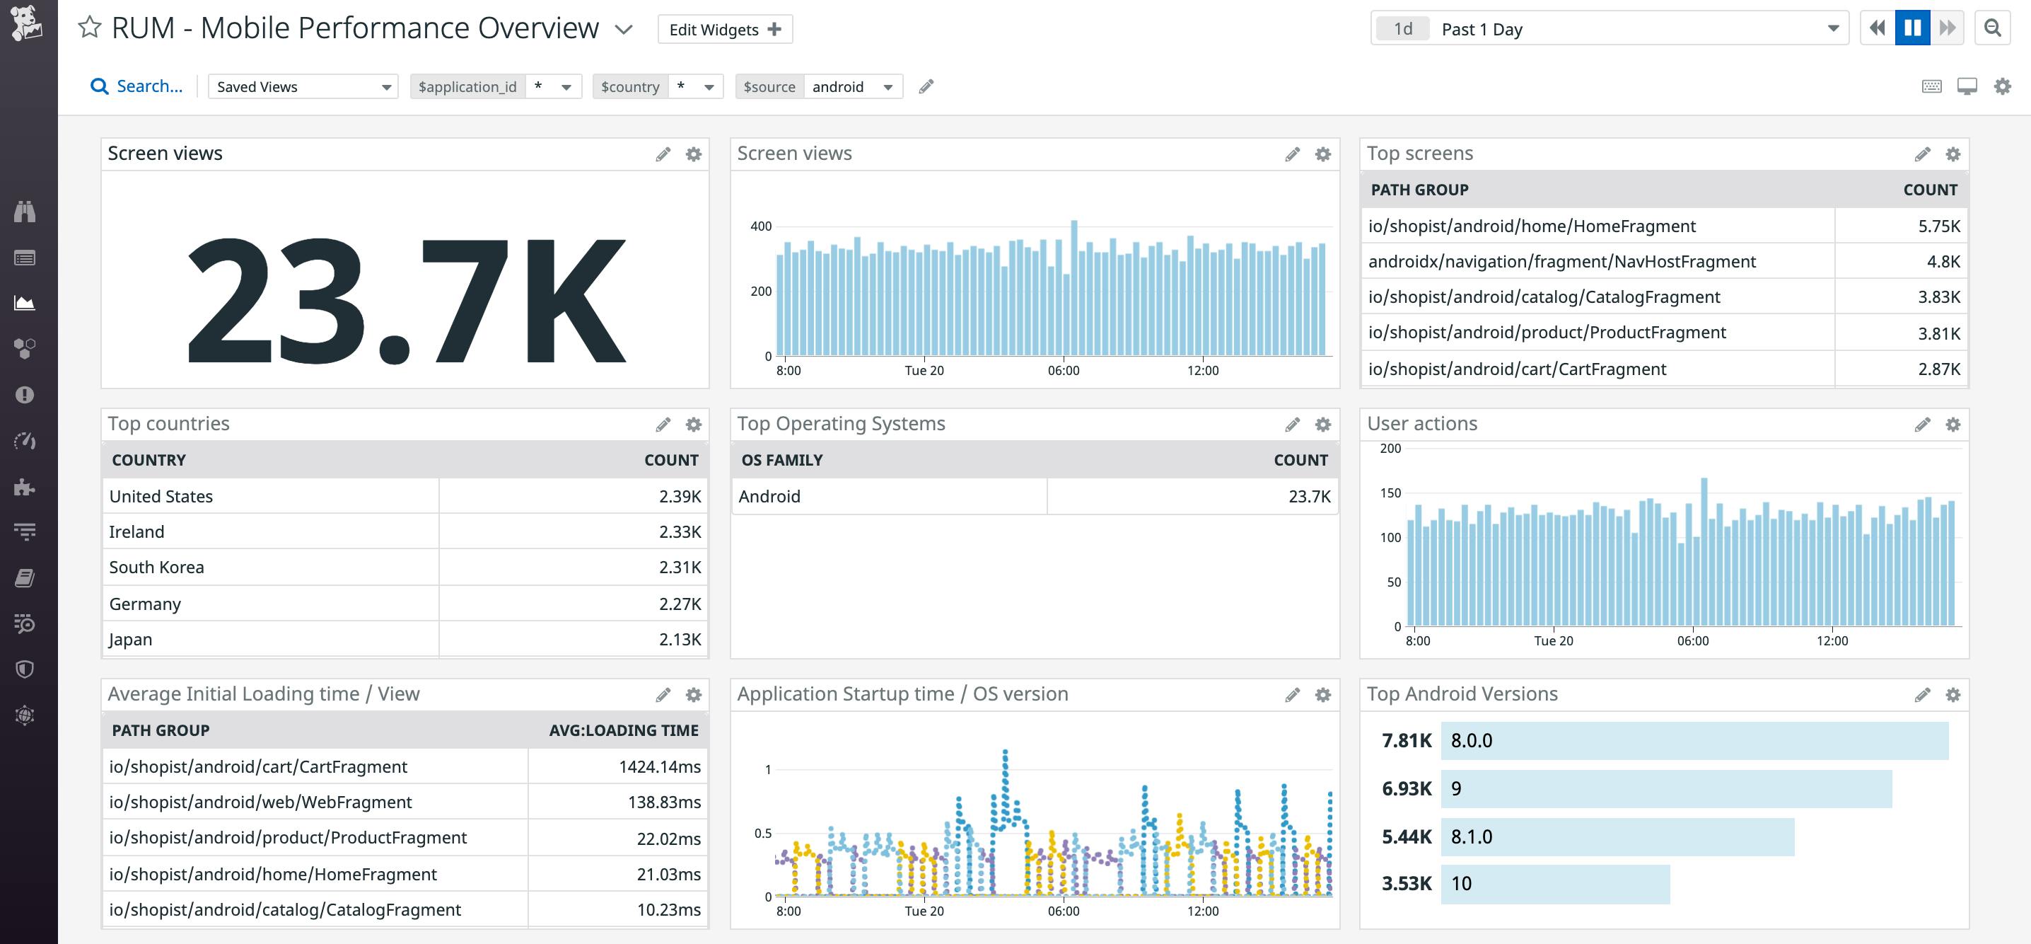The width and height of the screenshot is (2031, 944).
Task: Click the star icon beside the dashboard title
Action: click(90, 28)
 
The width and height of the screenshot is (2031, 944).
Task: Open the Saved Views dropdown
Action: click(303, 87)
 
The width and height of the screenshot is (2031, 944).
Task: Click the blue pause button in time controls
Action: click(1912, 28)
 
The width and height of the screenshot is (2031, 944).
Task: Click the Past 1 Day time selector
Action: click(1608, 29)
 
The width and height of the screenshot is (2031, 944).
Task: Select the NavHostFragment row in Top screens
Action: click(1561, 262)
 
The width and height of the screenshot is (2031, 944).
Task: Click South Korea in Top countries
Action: click(157, 568)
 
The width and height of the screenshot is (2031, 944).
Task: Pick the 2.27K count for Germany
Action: click(680, 604)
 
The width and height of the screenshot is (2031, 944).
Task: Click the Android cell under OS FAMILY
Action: click(769, 497)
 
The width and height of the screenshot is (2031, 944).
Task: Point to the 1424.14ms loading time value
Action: click(659, 767)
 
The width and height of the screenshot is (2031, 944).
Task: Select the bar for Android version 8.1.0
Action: click(1617, 836)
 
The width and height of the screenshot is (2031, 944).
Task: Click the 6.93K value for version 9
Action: click(1406, 788)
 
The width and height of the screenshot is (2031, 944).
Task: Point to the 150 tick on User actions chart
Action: click(1390, 494)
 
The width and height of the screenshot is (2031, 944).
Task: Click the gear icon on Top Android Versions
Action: click(1953, 695)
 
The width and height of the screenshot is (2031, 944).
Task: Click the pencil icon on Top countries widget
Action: click(663, 425)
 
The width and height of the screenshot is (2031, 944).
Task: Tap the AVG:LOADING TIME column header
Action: click(623, 731)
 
